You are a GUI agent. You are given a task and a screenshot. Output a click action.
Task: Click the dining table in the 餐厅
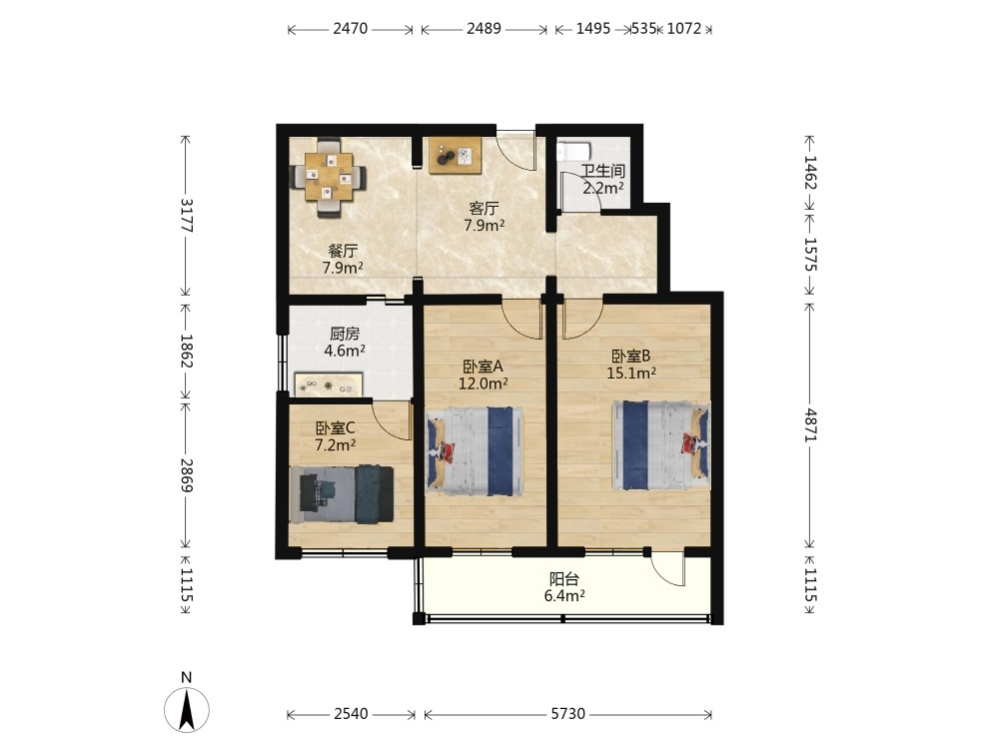[329, 177]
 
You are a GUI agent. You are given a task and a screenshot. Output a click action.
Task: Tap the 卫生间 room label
[602, 171]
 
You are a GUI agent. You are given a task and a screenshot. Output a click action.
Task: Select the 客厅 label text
[485, 209]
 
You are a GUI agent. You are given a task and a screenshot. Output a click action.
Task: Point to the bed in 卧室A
[475, 451]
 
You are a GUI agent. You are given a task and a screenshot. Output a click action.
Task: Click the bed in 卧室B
[661, 445]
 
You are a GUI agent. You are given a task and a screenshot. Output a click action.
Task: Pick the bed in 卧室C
[342, 495]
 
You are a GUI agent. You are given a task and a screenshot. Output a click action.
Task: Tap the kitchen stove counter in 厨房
[328, 385]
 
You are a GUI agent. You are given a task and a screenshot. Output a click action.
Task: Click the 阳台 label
[564, 579]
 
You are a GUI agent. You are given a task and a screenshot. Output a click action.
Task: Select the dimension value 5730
[567, 714]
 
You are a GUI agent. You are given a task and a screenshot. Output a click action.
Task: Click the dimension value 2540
[351, 714]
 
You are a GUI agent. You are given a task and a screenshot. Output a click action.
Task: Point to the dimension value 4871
[810, 424]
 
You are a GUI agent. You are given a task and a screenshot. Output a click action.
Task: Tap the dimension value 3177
[187, 216]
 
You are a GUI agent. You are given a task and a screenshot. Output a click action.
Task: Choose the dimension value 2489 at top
[485, 29]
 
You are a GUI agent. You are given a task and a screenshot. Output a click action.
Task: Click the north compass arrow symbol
[187, 709]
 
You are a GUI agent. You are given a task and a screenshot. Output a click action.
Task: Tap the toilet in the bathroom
[574, 152]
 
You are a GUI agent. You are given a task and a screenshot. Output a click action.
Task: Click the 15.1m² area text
[631, 374]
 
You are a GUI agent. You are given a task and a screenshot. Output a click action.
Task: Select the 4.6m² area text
[345, 351]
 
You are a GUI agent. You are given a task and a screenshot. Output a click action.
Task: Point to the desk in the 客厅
[455, 156]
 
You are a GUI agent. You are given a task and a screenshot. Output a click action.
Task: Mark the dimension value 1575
[810, 254]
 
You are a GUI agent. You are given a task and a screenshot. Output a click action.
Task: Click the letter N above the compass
[186, 678]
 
